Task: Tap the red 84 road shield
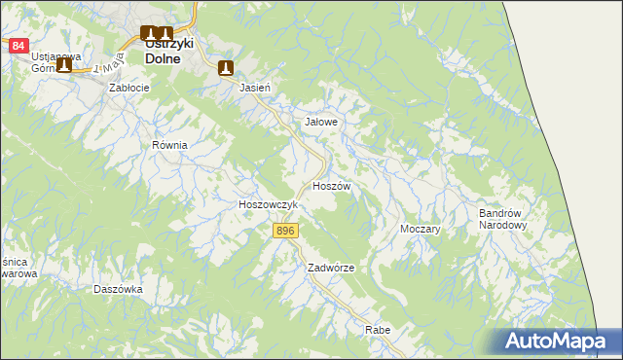click(x=18, y=46)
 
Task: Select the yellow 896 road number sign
click(x=284, y=230)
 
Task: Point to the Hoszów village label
click(x=331, y=185)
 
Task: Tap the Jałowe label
click(x=321, y=123)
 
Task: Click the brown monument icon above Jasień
click(x=227, y=68)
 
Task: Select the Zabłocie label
click(x=128, y=88)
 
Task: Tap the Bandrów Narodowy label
click(x=502, y=219)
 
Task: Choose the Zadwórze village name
click(x=330, y=268)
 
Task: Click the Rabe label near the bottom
click(x=378, y=331)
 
